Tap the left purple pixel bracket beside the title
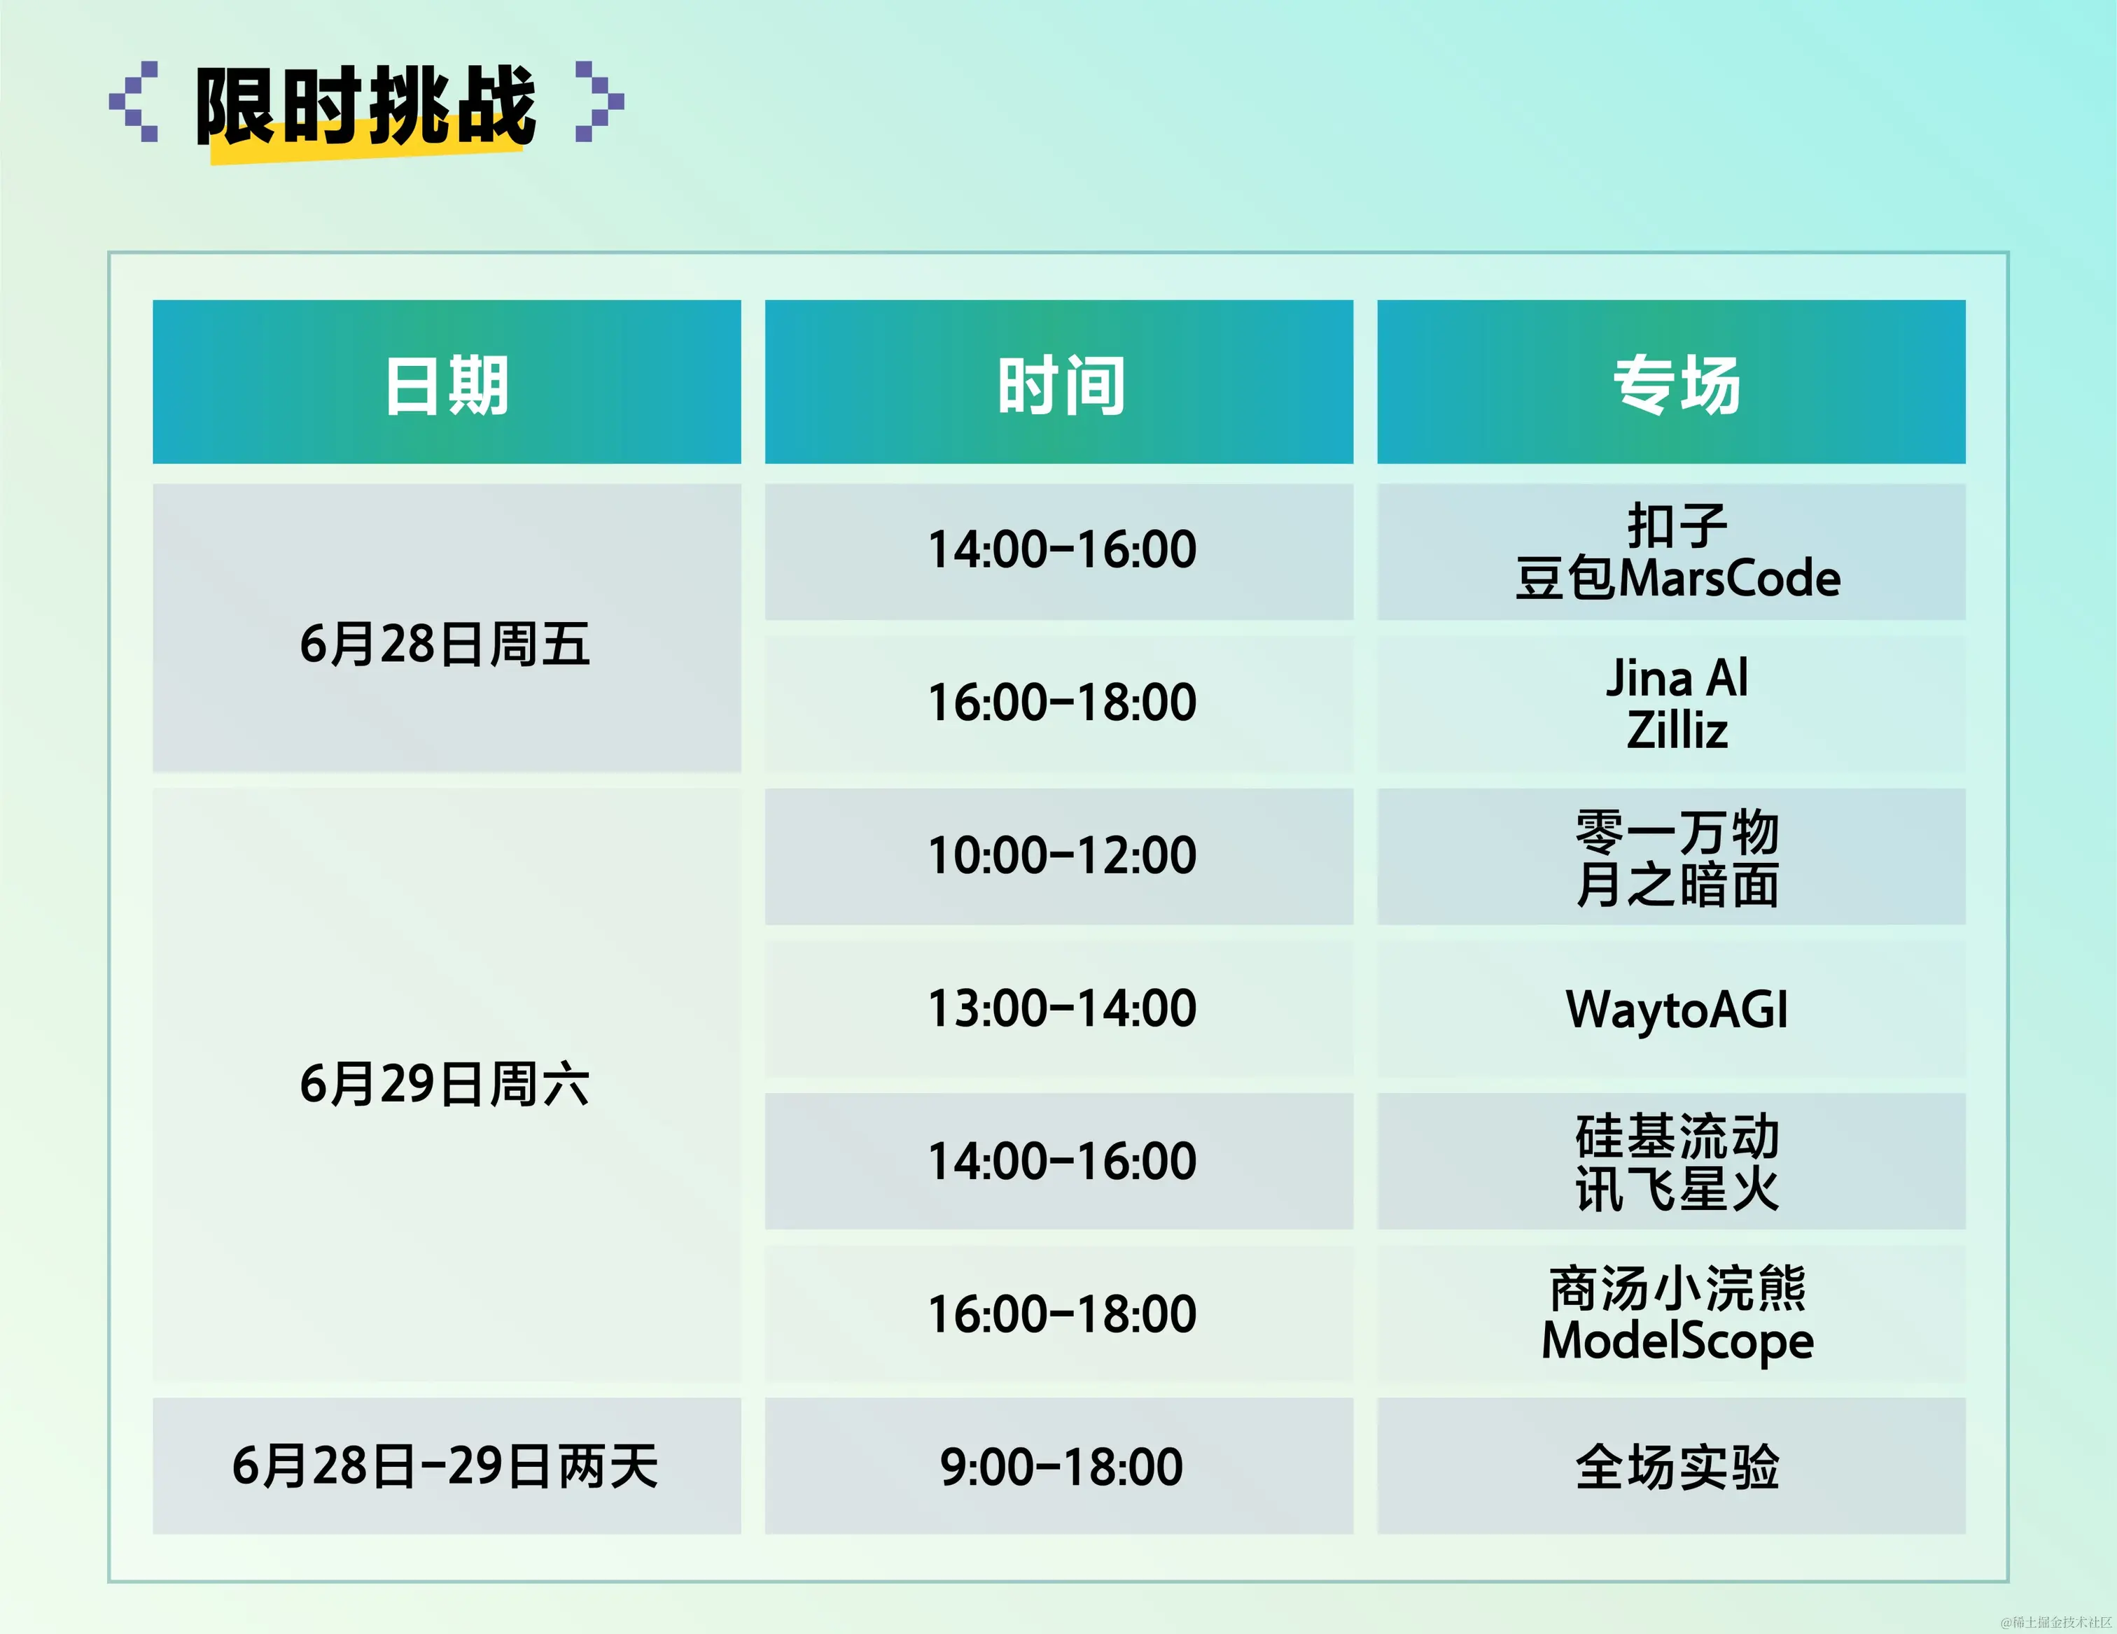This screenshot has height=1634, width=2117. (134, 101)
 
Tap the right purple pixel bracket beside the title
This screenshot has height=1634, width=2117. (600, 101)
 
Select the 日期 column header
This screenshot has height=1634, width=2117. (447, 382)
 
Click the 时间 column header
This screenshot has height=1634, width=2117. (1059, 382)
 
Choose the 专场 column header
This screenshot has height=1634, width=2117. (1672, 382)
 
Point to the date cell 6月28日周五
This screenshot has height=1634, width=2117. (447, 628)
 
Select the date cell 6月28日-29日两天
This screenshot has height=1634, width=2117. (447, 1466)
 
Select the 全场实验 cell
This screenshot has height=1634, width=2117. (1672, 1466)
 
